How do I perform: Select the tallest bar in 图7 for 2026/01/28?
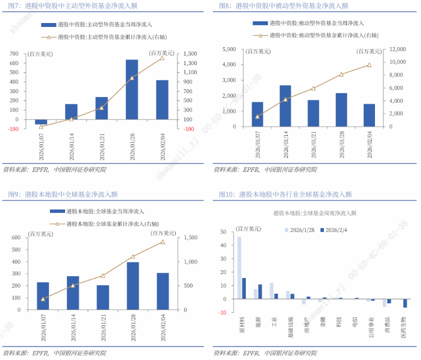pyautogui.click(x=132, y=89)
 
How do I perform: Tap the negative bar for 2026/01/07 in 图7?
pyautogui.click(x=41, y=122)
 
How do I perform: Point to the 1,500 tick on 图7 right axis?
pyautogui.click(x=189, y=53)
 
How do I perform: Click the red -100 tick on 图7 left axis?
pyautogui.click(x=13, y=129)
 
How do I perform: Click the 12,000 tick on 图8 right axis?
pyautogui.click(x=397, y=49)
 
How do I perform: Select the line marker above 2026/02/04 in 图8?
pyautogui.click(x=369, y=65)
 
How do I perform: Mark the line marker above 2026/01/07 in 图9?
pyautogui.click(x=43, y=299)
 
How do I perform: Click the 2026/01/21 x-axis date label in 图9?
pyautogui.click(x=103, y=327)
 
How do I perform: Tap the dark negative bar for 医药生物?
pyautogui.click(x=405, y=303)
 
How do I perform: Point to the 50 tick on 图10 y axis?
pyautogui.click(x=223, y=232)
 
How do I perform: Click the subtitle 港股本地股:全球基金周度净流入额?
pyautogui.click(x=314, y=213)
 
